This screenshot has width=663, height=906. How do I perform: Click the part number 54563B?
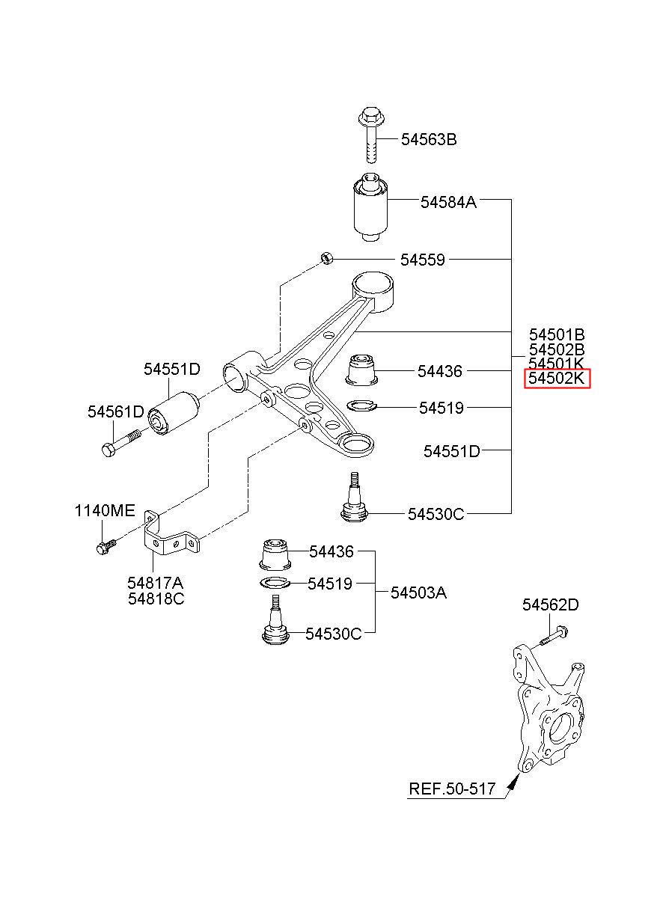pos(428,140)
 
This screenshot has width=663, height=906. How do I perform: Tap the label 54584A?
pos(448,202)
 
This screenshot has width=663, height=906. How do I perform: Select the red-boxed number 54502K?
pos(557,378)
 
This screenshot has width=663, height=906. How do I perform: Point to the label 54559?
pos(422,260)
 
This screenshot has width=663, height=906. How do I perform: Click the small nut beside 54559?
pos(326,257)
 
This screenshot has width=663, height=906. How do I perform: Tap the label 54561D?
pos(116,411)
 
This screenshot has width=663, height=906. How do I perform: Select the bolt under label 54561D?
pos(120,444)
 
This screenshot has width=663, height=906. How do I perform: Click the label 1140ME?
pos(104,511)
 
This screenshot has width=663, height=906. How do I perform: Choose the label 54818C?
pos(156,599)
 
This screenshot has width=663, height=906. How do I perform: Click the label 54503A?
pos(418,593)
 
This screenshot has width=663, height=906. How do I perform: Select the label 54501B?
pos(557,335)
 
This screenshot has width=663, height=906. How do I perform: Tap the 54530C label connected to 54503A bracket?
pos(333,634)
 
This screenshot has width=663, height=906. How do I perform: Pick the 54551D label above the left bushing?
pos(172,370)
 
